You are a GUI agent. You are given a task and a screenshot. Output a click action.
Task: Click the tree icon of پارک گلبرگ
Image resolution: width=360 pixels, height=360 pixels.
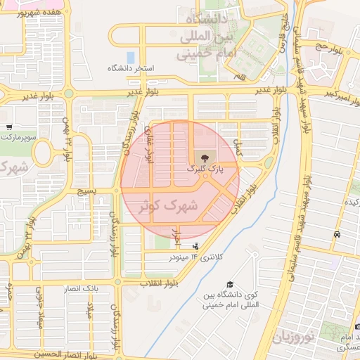(x=205, y=158)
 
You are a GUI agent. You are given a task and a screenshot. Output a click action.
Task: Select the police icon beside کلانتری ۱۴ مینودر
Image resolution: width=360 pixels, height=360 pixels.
(x=195, y=246)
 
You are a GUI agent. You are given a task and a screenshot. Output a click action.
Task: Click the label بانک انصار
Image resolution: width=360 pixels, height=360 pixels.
(x=82, y=289)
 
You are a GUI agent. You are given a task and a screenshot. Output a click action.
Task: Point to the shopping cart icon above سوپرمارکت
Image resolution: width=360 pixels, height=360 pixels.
(x=8, y=127)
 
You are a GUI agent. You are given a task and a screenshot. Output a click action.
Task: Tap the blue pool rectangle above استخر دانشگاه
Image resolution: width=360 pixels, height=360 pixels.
(x=130, y=57)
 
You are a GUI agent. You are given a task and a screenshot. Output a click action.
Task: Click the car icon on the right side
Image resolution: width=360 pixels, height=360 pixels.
(x=337, y=234)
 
